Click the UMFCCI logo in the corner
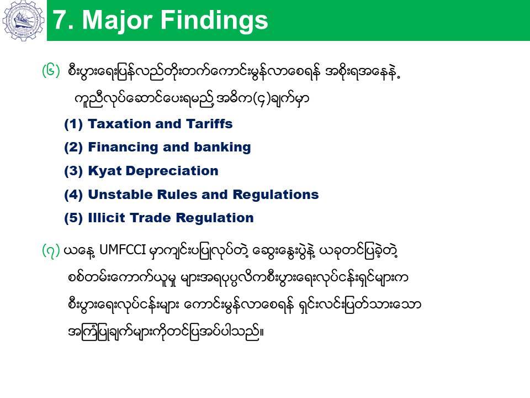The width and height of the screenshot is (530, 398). click(23, 20)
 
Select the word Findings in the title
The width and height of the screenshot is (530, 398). click(214, 21)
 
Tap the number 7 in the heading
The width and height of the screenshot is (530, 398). click(60, 20)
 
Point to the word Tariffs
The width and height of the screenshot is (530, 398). click(209, 124)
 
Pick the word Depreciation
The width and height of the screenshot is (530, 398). click(172, 171)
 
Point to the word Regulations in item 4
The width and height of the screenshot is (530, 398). click(275, 195)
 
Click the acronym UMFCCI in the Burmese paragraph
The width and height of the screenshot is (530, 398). click(123, 250)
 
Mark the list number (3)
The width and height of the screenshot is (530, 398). click(73, 171)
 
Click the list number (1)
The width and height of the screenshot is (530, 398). click(73, 124)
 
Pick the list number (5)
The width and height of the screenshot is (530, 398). click(73, 218)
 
